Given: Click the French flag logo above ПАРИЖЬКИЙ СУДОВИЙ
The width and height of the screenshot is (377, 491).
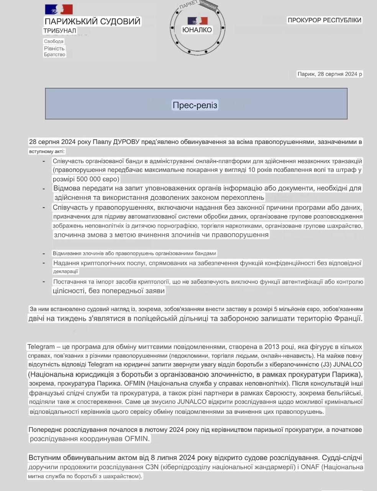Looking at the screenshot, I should pyautogui.click(x=59, y=10).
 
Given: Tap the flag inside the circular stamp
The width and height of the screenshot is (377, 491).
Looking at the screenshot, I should pyautogui.click(x=197, y=21).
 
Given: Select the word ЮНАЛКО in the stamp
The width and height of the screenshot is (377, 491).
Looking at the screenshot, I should pyautogui.click(x=197, y=30).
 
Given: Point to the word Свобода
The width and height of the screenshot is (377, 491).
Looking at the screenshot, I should pyautogui.click(x=54, y=41).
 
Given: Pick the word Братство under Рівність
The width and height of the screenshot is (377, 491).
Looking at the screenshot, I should pyautogui.click(x=54, y=54).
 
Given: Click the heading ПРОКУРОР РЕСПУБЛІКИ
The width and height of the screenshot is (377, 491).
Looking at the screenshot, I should pyautogui.click(x=325, y=20).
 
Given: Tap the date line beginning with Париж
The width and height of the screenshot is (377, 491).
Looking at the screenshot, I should pyautogui.click(x=329, y=74).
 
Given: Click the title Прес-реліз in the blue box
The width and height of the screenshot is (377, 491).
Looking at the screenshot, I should pyautogui.click(x=195, y=105).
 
